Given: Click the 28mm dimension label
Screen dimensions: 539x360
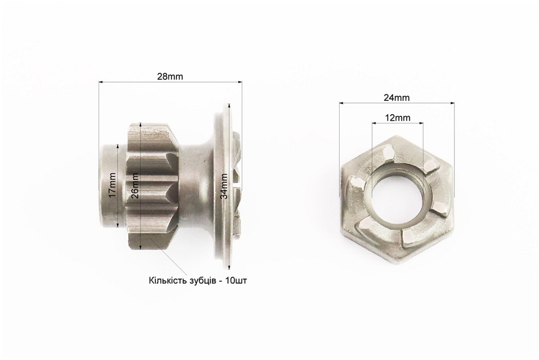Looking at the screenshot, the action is pyautogui.click(x=170, y=77).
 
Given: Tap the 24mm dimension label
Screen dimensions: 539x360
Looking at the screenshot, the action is pyautogui.click(x=397, y=98).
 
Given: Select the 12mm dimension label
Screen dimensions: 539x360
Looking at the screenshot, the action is pyautogui.click(x=397, y=118).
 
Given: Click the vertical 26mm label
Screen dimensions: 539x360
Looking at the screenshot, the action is pyautogui.click(x=135, y=185).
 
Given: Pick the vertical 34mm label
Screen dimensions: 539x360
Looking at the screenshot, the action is pyautogui.click(x=224, y=186).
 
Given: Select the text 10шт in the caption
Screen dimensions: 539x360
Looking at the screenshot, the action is pyautogui.click(x=236, y=281).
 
